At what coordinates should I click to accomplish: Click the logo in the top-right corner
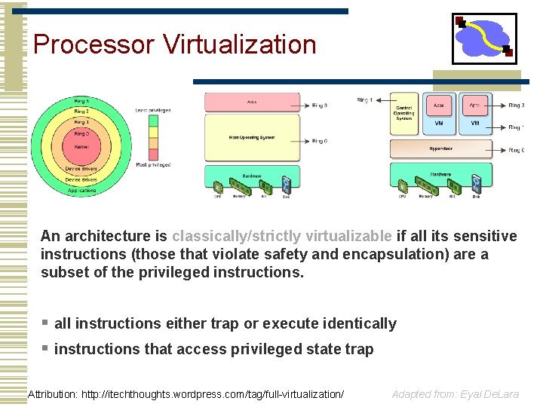click(484, 38)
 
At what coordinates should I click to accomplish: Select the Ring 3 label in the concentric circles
click(81, 101)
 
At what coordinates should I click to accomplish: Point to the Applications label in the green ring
click(81, 191)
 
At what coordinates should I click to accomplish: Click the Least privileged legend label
click(152, 110)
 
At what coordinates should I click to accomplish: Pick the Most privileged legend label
click(152, 164)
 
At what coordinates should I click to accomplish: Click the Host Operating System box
click(251, 137)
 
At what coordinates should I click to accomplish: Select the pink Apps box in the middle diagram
click(251, 100)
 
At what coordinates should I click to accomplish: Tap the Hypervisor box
click(440, 148)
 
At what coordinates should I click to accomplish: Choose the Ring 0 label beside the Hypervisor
click(516, 151)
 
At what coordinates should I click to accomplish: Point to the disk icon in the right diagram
click(476, 185)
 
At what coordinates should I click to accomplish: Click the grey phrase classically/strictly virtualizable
click(281, 236)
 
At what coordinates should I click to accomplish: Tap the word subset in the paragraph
click(66, 272)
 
